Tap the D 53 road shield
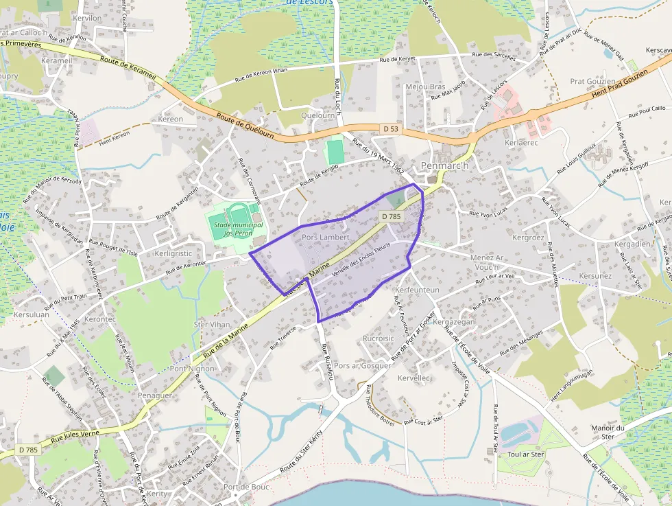tap(390, 128)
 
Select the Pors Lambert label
tap(326, 238)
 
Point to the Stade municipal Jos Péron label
tap(238, 229)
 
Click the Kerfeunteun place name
tap(417, 290)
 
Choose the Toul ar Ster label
tap(525, 455)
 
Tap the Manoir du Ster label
tap(608, 433)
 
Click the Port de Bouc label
tap(246, 487)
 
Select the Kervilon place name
tap(86, 18)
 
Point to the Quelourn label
tap(317, 116)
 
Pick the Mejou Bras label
tap(425, 87)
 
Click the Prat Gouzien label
tap(592, 82)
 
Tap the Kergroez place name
tap(528, 238)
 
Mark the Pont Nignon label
tap(192, 369)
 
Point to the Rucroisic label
tap(379, 338)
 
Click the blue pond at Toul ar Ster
tap(514, 433)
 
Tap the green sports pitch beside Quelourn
tap(335, 152)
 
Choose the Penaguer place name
tap(155, 396)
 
